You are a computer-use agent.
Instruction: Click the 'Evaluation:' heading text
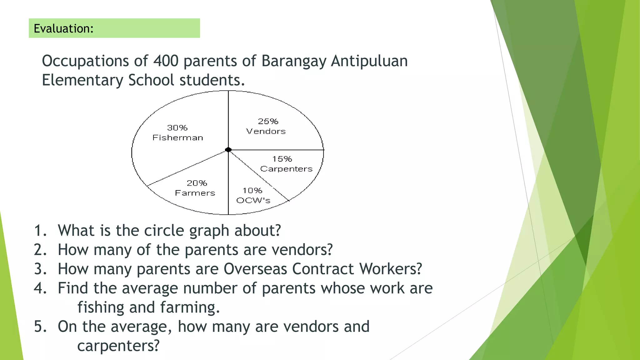pos(63,28)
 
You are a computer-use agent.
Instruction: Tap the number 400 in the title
pos(166,61)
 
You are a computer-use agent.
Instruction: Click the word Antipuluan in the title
pos(369,61)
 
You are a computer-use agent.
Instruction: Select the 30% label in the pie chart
pos(177,128)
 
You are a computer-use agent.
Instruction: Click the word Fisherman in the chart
pos(178,138)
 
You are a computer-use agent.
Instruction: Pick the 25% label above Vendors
pos(268,121)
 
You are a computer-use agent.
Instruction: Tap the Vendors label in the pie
pos(266,131)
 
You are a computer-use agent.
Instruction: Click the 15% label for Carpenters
pos(282,159)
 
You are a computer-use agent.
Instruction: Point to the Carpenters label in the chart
pos(286,169)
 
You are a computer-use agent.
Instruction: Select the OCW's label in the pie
pos(253,200)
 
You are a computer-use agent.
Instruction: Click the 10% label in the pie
pos(252,191)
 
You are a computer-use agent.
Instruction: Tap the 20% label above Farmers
pos(197,183)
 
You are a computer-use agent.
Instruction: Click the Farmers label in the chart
pos(195,193)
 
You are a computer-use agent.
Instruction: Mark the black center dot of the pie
pos(228,150)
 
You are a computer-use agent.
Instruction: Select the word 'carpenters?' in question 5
pos(118,346)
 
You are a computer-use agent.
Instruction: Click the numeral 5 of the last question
pos(39,327)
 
